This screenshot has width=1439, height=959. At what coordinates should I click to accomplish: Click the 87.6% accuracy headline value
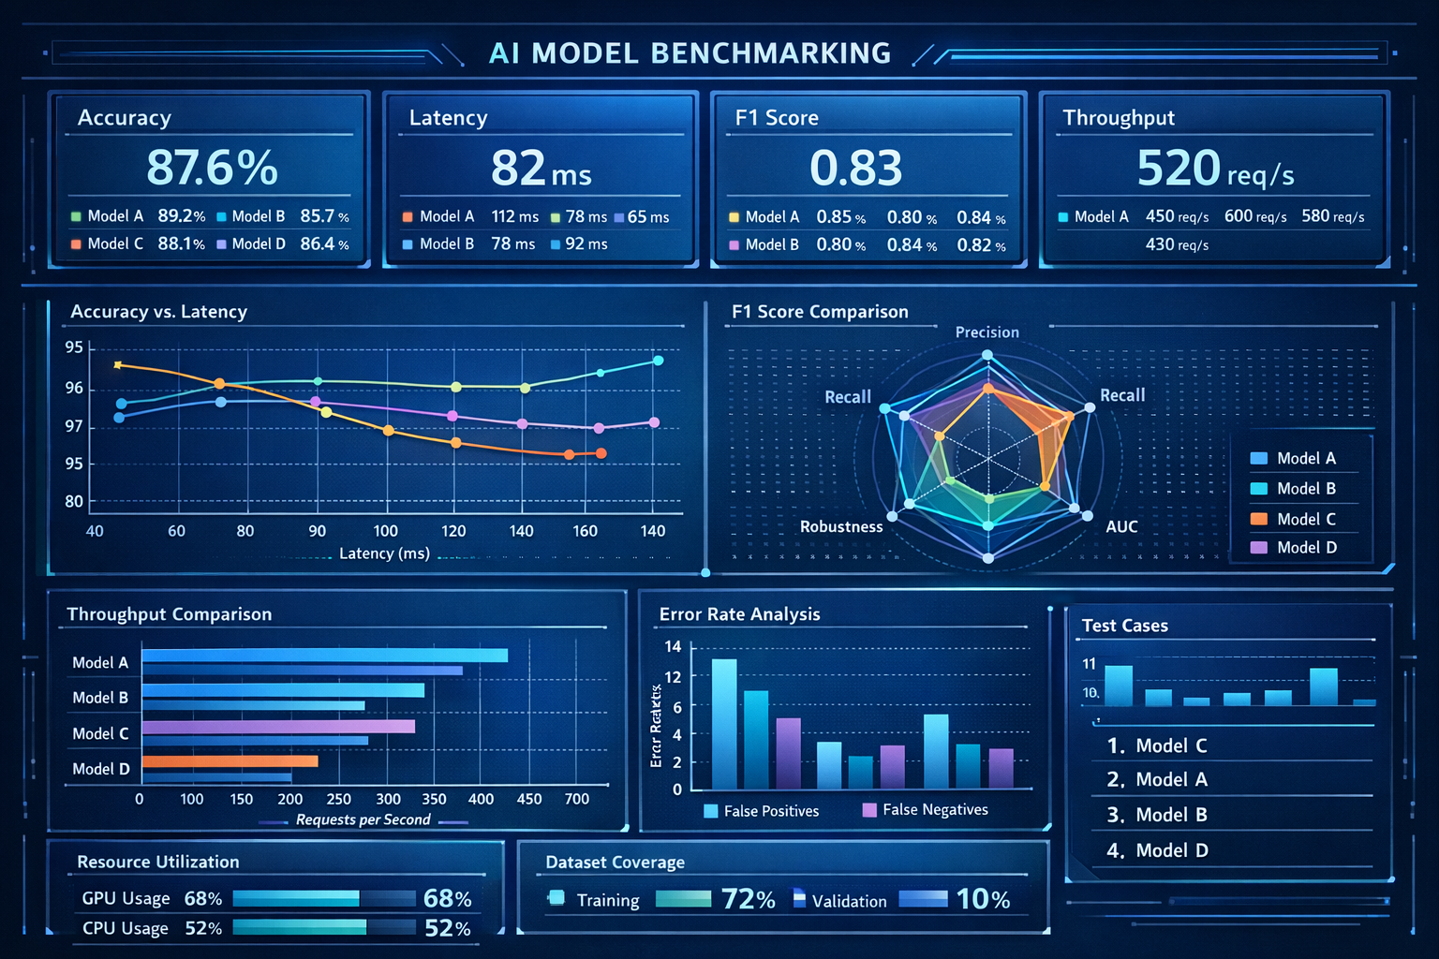[212, 168]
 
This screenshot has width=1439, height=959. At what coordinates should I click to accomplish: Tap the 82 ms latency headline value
[541, 170]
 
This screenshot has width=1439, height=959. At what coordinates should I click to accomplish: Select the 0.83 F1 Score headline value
[855, 169]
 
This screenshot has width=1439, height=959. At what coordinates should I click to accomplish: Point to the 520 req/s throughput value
[1214, 170]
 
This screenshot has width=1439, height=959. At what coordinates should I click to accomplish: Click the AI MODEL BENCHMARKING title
[690, 53]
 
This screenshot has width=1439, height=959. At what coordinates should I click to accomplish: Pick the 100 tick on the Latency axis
[385, 531]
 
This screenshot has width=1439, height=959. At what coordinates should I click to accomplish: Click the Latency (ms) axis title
[384, 553]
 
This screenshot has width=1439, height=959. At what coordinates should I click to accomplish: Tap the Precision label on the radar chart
[987, 332]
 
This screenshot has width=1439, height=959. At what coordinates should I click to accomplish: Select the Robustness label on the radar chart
[840, 526]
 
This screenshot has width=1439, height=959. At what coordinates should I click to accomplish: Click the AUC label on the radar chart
[1121, 526]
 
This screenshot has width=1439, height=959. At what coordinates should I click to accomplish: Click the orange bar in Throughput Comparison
[230, 761]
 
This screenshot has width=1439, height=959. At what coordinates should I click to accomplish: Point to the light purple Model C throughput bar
[278, 727]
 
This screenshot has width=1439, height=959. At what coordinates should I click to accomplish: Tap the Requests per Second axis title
[363, 819]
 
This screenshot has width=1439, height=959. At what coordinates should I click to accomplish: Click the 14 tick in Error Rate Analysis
[673, 646]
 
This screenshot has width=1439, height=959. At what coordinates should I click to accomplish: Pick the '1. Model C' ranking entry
[1157, 745]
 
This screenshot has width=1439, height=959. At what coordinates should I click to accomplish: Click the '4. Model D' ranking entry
[1157, 850]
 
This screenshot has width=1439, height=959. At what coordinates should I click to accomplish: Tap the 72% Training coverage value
[748, 900]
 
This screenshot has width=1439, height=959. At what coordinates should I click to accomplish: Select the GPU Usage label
[126, 898]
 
